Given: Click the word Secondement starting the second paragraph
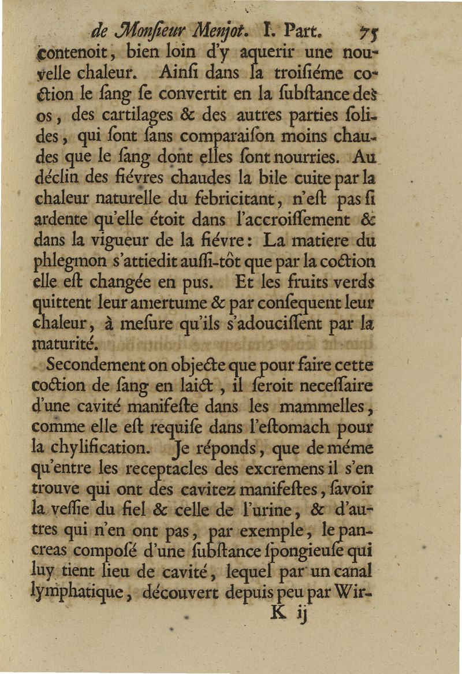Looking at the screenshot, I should click(x=99, y=366).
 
